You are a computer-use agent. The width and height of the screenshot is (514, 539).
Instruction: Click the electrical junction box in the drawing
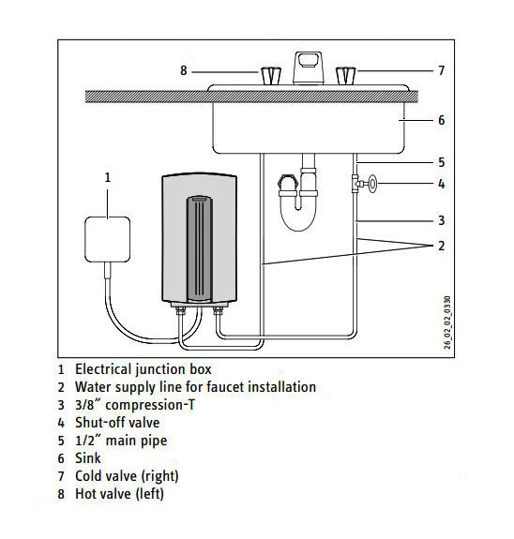pyautogui.click(x=107, y=239)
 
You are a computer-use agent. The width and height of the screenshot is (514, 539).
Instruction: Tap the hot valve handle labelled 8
pyautogui.click(x=271, y=76)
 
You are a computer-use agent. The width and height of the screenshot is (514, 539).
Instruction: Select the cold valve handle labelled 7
pyautogui.click(x=346, y=76)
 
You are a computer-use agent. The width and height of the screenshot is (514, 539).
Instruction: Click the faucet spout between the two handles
pyautogui.click(x=309, y=68)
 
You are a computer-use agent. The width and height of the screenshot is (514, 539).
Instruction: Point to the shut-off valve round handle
pyautogui.click(x=372, y=183)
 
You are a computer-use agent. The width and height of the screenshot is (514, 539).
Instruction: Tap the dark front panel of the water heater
pyautogui.click(x=200, y=248)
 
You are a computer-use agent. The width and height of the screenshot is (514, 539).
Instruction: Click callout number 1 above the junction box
pyautogui.click(x=108, y=177)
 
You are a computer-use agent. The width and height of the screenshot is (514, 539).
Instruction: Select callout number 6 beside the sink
pyautogui.click(x=442, y=120)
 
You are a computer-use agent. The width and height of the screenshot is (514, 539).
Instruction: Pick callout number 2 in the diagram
pyautogui.click(x=442, y=246)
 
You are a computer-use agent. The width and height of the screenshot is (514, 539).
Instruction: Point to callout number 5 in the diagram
pyautogui.click(x=442, y=162)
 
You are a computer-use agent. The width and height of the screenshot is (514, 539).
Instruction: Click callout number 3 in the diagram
pyautogui.click(x=442, y=220)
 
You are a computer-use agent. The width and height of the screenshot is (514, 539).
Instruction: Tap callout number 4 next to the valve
pyautogui.click(x=442, y=184)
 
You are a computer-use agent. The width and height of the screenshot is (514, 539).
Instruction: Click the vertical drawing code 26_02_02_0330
pyautogui.click(x=446, y=322)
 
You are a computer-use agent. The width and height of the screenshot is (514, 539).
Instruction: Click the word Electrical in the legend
pyautogui.click(x=103, y=369)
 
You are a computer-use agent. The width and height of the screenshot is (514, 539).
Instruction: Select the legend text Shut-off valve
pyautogui.click(x=117, y=423)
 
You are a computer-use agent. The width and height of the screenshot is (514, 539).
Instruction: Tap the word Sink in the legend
pyautogui.click(x=88, y=458)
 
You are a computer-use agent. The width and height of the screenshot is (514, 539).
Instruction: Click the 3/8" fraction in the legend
pyautogui.click(x=88, y=405)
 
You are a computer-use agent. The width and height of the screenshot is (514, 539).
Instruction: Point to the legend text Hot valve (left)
pyautogui.click(x=119, y=494)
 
